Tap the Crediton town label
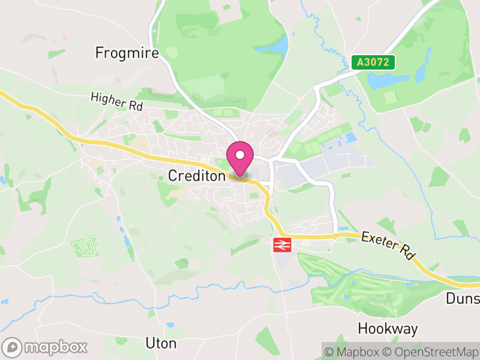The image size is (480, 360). click(x=196, y=176)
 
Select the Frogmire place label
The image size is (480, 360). click(x=127, y=53)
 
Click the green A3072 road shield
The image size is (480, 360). click(x=373, y=62)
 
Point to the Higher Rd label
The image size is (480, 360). click(x=116, y=100)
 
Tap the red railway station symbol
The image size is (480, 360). click(x=282, y=244)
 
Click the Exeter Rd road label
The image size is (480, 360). click(x=388, y=245)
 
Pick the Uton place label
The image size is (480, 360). click(x=161, y=343)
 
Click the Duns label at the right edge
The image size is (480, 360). click(x=463, y=299)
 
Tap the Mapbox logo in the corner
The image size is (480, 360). click(x=45, y=347)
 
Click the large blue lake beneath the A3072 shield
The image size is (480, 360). click(x=387, y=80)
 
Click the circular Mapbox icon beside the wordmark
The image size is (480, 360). click(x=12, y=347)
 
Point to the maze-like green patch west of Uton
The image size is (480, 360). click(x=84, y=247)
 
